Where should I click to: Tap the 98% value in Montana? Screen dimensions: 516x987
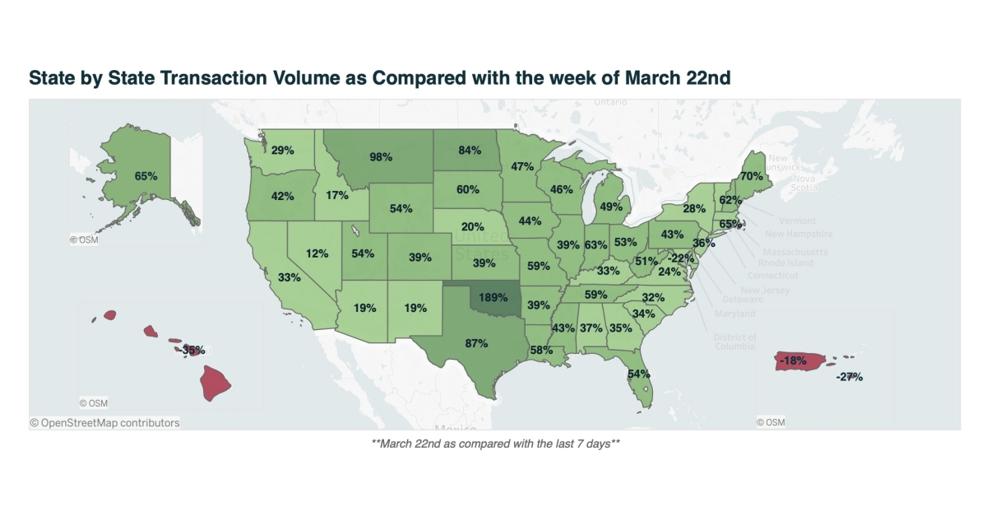point(381,156)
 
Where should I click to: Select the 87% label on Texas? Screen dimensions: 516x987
point(476,343)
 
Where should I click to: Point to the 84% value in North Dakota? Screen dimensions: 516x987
point(470,150)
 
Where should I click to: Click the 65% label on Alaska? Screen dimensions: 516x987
point(146,176)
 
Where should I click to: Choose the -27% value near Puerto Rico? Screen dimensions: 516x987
point(849,377)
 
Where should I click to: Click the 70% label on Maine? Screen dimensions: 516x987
point(751,176)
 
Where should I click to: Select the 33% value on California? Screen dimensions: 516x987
point(289,278)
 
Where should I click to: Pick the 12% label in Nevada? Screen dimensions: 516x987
point(317,253)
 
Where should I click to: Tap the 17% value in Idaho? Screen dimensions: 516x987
point(336,196)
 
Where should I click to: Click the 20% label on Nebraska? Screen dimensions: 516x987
point(472,227)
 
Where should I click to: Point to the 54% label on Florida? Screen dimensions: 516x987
point(639,374)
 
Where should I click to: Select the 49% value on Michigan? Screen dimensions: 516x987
point(610,207)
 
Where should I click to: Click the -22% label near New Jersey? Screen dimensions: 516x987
point(679,258)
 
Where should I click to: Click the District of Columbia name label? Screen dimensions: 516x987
point(735,342)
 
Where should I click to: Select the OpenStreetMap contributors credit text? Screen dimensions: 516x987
point(104,423)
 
